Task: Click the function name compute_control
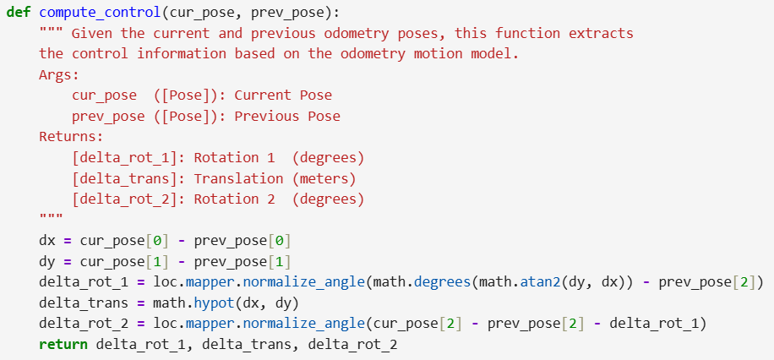(x=101, y=14)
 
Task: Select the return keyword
(x=63, y=344)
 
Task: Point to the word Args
(x=59, y=75)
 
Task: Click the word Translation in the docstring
(x=238, y=178)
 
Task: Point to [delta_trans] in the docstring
(x=128, y=179)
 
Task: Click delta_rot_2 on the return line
(x=352, y=345)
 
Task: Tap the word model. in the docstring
(x=495, y=54)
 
